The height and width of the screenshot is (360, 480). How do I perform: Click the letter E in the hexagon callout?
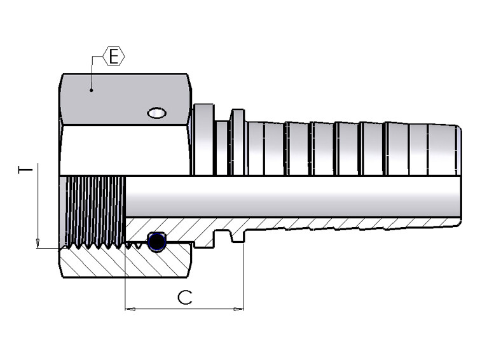coord(114,57)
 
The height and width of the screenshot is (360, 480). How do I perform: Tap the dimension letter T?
coord(25,170)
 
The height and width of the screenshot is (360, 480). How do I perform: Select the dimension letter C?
coord(184,297)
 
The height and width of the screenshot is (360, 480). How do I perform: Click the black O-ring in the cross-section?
coord(157,241)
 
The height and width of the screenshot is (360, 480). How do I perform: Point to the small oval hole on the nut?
coord(156,113)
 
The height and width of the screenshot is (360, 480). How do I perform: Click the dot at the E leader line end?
coord(92,90)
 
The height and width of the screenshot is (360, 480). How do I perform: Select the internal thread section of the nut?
coord(94,210)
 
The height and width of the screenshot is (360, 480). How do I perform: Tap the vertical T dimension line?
coord(38,204)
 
